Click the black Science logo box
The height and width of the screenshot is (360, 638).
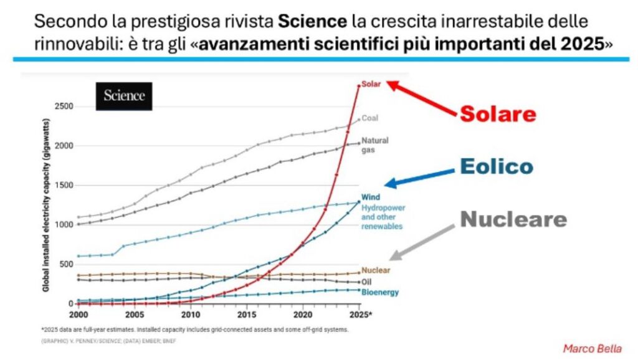(x=124, y=97)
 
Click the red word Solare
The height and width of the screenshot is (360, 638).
(x=498, y=113)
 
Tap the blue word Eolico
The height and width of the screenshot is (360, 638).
(x=496, y=166)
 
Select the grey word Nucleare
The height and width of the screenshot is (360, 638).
(x=513, y=219)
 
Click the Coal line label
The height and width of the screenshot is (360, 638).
(x=370, y=118)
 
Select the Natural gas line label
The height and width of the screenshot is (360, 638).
(x=375, y=144)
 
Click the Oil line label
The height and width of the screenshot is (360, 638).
(x=366, y=282)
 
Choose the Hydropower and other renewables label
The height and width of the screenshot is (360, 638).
(x=382, y=217)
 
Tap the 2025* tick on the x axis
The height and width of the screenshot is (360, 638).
(x=361, y=314)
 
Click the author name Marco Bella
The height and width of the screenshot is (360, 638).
(x=592, y=348)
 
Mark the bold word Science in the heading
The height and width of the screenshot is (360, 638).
(x=312, y=22)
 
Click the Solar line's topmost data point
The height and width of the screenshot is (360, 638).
(x=358, y=86)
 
